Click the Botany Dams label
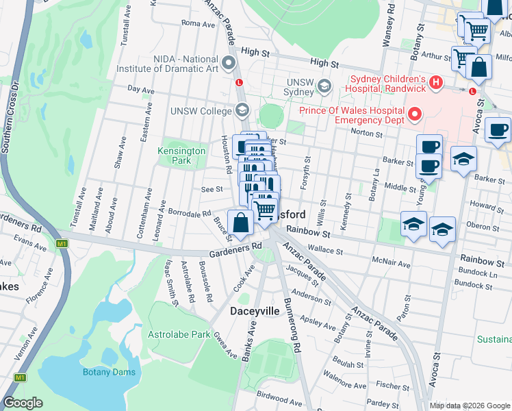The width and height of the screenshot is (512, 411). [x=110, y=372]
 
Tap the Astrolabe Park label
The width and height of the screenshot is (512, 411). [x=179, y=335]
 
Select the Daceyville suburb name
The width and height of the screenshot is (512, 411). [x=254, y=311]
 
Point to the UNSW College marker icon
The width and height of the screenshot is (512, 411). [x=242, y=110]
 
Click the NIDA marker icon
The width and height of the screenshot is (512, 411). [x=228, y=64]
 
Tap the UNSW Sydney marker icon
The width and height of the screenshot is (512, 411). [x=324, y=87]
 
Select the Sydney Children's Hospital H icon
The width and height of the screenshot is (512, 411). [x=436, y=83]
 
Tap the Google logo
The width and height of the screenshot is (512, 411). [x=23, y=403]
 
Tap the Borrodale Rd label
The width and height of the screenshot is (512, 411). [x=190, y=213]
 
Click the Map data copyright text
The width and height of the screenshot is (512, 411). [x=469, y=406]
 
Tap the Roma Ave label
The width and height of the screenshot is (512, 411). [x=199, y=23]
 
